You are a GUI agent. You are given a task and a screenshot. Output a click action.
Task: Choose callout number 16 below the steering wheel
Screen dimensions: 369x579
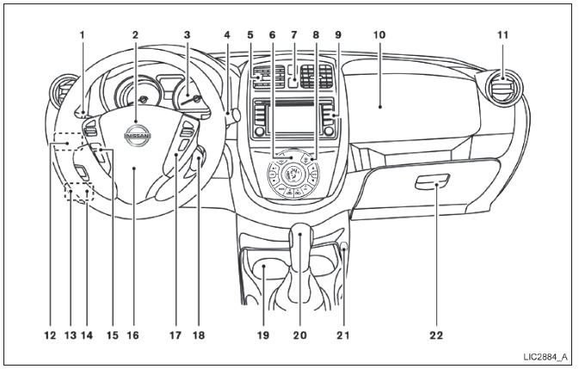[x=133, y=335]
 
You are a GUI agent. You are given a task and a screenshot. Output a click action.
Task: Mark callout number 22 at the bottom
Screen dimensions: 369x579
[x=438, y=335]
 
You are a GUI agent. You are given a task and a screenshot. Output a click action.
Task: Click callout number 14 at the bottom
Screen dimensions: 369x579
[x=88, y=335]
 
